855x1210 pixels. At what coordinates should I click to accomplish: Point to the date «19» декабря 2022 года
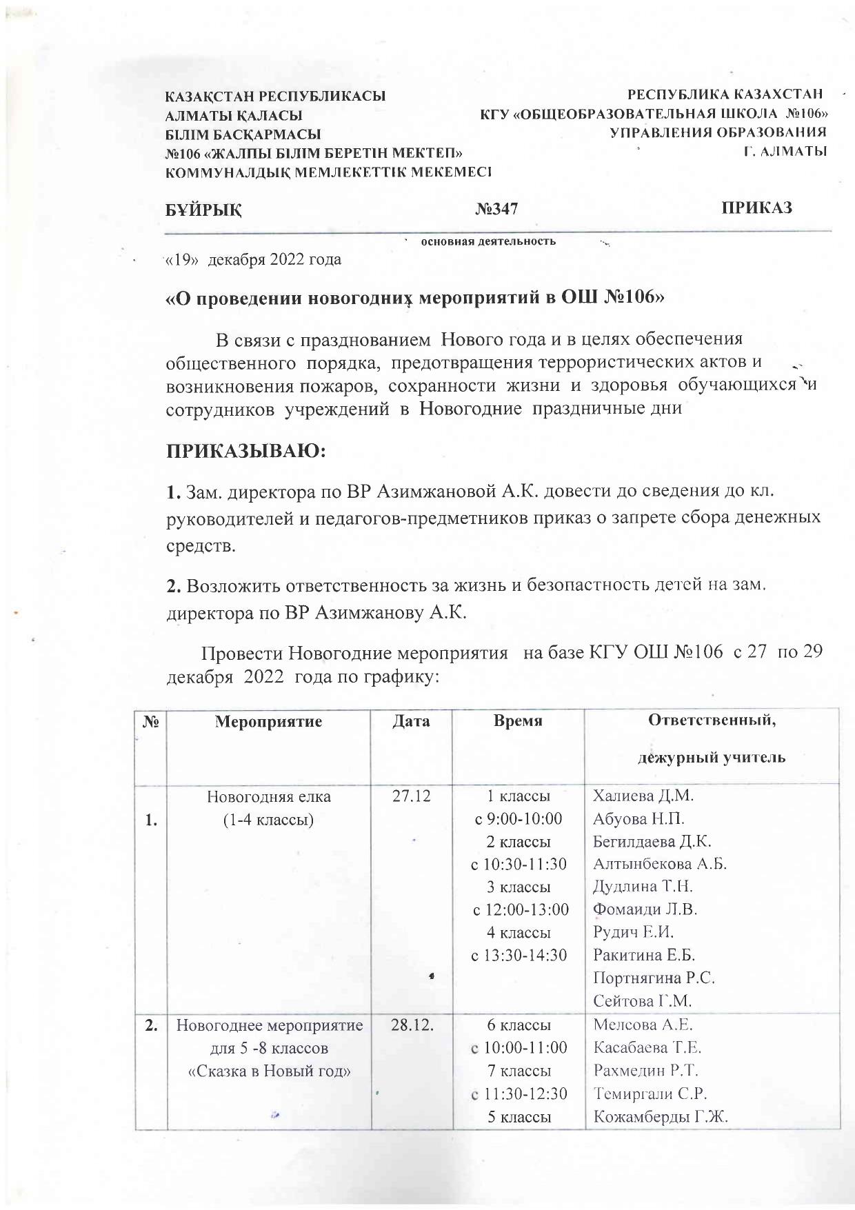click(x=252, y=260)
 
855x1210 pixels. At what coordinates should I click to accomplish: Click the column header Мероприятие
click(x=269, y=722)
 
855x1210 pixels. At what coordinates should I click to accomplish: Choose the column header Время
click(x=518, y=721)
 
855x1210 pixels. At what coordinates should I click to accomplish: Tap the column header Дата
click(x=411, y=721)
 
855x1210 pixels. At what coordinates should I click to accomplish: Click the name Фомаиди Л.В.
click(x=645, y=909)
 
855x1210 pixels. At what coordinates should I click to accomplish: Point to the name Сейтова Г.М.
click(x=642, y=1000)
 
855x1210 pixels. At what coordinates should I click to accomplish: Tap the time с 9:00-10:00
click(x=518, y=819)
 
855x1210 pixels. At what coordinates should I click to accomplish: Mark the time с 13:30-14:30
click(x=519, y=956)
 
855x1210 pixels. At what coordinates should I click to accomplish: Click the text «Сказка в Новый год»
click(x=270, y=1071)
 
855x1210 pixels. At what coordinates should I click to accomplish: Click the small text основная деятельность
click(x=488, y=241)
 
